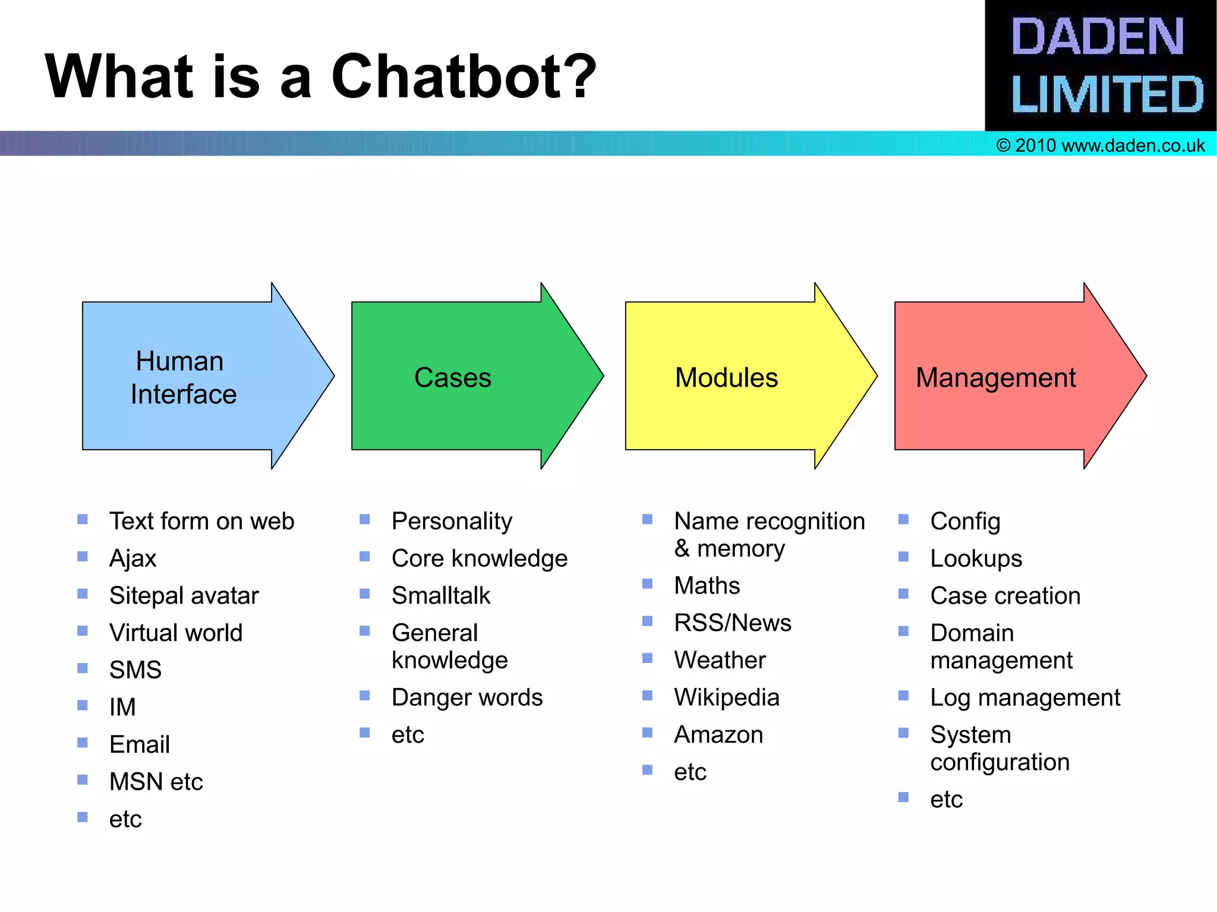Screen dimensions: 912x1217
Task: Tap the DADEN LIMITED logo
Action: [x=1101, y=65]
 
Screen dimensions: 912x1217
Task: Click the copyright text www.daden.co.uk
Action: [x=1101, y=146]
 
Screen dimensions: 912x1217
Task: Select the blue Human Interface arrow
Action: [x=196, y=377]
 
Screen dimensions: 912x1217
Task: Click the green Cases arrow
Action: [x=464, y=377]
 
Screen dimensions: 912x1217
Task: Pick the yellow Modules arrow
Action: [x=737, y=377]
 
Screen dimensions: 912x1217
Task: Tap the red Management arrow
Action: [x=1004, y=377]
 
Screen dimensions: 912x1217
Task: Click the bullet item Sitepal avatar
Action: [x=184, y=595]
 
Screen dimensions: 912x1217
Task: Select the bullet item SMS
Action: [x=135, y=670]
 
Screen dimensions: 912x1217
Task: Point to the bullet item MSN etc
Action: [x=156, y=781]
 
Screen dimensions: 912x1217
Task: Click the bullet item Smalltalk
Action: [x=441, y=595]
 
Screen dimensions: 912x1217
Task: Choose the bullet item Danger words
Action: [x=467, y=698]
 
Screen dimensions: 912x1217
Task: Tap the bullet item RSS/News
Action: [x=733, y=623]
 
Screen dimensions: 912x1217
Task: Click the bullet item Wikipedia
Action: [x=726, y=698]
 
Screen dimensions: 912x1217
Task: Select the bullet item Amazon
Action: [x=718, y=735]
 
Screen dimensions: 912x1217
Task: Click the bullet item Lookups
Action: [x=976, y=558]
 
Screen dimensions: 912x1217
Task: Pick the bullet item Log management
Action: [x=1025, y=698]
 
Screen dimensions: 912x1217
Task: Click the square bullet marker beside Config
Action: [x=903, y=520]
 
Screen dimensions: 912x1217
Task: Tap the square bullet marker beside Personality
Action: [x=365, y=520]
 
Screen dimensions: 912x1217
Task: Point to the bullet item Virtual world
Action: [x=176, y=633]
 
